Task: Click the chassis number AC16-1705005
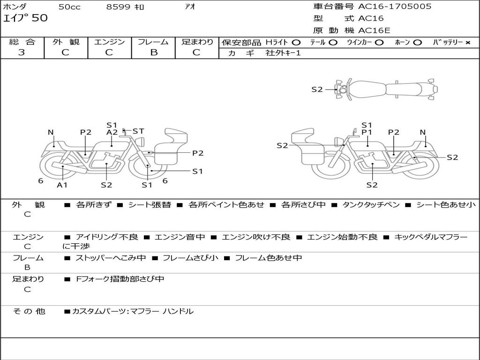[x=395, y=7]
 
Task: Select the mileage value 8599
[x=118, y=7]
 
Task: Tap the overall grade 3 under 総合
[x=22, y=52]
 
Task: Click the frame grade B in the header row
[x=154, y=52]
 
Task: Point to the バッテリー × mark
[x=468, y=43]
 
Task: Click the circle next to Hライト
[x=296, y=43]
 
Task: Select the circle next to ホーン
[x=418, y=43]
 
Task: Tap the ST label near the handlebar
[x=138, y=131]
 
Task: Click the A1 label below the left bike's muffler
[x=62, y=185]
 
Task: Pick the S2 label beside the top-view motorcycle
[x=317, y=90]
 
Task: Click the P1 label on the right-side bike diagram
[x=367, y=132]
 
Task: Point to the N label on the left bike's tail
[x=51, y=132]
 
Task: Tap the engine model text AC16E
[x=374, y=30]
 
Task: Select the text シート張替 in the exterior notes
[x=150, y=205]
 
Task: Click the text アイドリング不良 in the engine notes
[x=107, y=237]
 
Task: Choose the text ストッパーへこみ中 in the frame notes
[x=111, y=258]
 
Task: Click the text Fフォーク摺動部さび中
[x=120, y=279]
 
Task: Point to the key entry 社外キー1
[x=283, y=53]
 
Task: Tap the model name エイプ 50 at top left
[x=25, y=18]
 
